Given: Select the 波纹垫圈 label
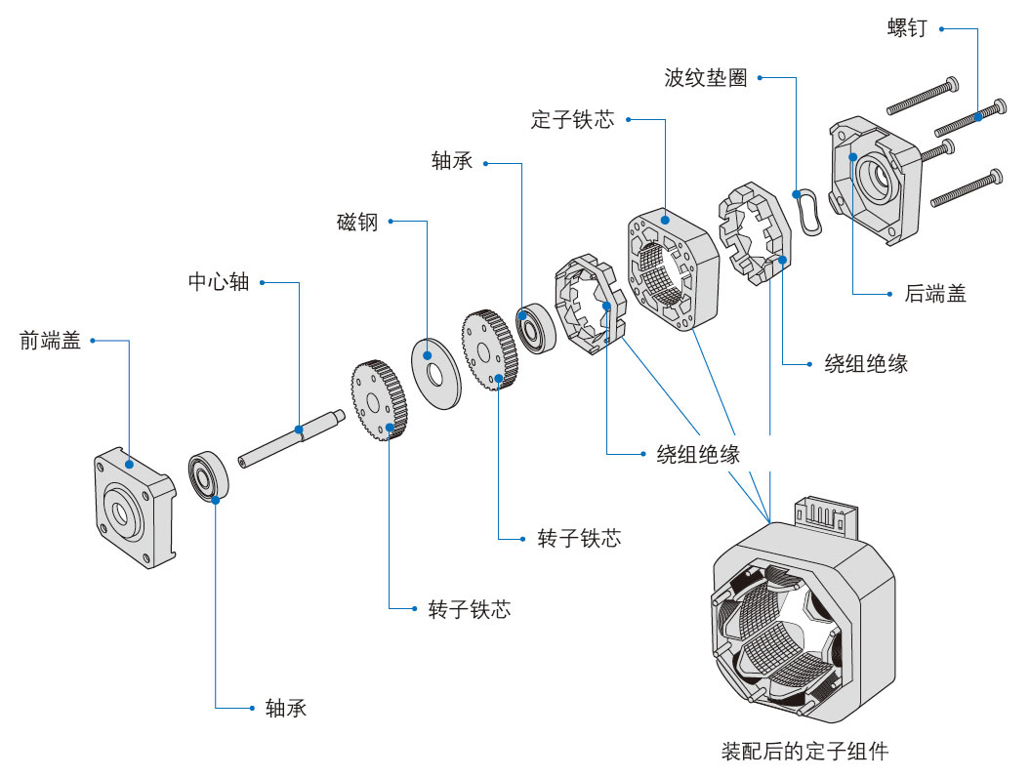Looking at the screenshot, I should [705, 78].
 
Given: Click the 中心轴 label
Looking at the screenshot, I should [219, 282].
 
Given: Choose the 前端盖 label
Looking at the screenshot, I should [50, 341].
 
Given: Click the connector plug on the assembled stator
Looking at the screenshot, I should [827, 515].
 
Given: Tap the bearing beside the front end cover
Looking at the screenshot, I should [209, 476].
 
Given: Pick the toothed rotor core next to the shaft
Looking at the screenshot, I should [379, 402].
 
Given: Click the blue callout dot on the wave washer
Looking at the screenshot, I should [799, 192].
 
